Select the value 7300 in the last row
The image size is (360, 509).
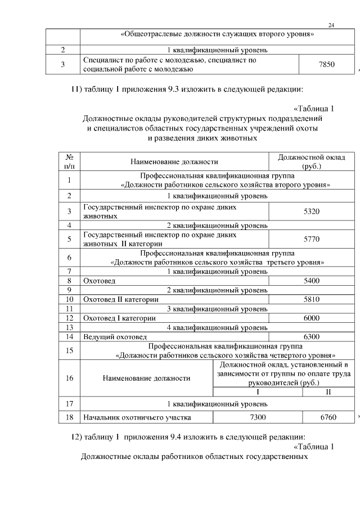click(x=256, y=417)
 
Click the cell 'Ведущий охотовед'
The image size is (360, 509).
click(x=115, y=337)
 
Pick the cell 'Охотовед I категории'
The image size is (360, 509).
click(x=119, y=318)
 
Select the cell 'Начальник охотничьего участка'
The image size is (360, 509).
click(x=137, y=417)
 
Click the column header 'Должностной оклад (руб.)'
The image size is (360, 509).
click(x=312, y=162)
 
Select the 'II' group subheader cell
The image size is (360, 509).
click(x=327, y=392)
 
